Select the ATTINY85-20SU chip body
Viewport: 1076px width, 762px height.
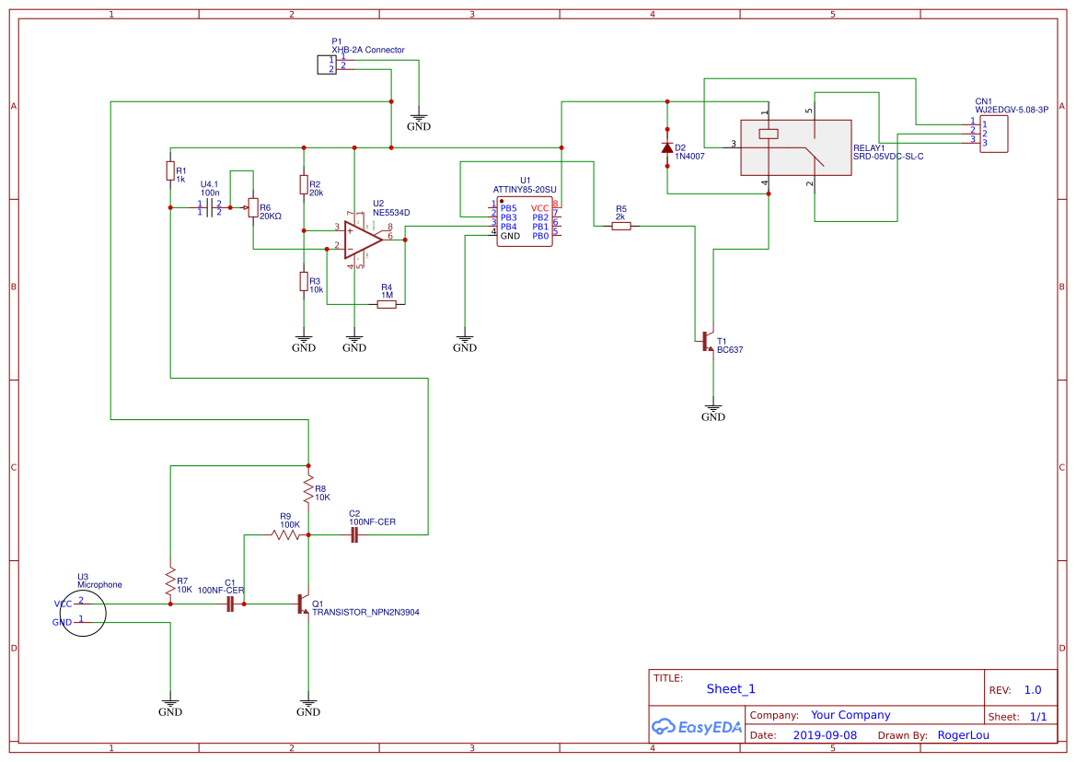tap(525, 221)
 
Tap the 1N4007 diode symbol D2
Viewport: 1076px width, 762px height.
tap(667, 147)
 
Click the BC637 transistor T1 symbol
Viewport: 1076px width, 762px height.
tap(707, 341)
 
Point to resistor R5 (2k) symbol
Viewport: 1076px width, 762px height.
tap(621, 225)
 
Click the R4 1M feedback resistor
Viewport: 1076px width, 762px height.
tap(387, 304)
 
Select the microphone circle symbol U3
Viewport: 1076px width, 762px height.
tap(84, 612)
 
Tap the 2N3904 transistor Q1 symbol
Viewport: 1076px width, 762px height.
tap(304, 604)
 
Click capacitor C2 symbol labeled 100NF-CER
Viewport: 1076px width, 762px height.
tap(354, 534)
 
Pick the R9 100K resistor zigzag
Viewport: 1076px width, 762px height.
tap(286, 534)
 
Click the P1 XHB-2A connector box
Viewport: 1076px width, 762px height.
tap(326, 64)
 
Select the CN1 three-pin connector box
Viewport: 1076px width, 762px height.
tap(993, 134)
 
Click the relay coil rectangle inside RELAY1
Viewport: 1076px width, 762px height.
tap(768, 134)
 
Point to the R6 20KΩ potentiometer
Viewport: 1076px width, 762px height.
tap(252, 209)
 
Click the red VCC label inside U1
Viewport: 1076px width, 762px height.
tap(539, 208)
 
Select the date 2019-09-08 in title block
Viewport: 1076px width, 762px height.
tap(824, 735)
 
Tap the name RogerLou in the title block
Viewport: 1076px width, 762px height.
tap(964, 735)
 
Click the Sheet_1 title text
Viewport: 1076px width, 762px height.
tap(731, 688)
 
